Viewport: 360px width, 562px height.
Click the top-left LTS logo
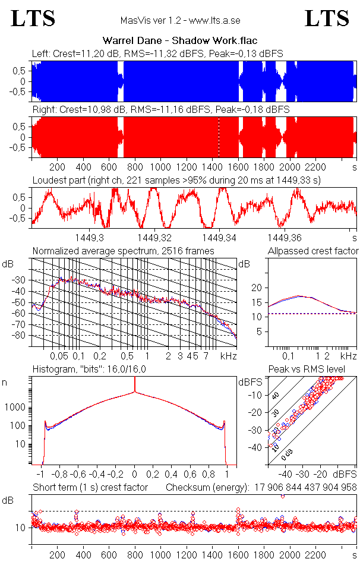tap(33, 18)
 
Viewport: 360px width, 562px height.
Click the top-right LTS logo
tap(327, 18)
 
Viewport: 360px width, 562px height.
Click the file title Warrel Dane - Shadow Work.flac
tap(180, 41)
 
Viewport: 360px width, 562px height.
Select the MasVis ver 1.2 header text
tap(180, 20)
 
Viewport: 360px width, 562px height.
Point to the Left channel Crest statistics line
tap(157, 53)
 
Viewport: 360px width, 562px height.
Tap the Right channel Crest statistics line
tap(160, 110)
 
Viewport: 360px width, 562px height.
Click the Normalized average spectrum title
tap(123, 251)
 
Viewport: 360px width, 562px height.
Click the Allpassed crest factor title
tap(313, 251)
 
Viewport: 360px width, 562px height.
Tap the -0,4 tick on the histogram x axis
tap(97, 475)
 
